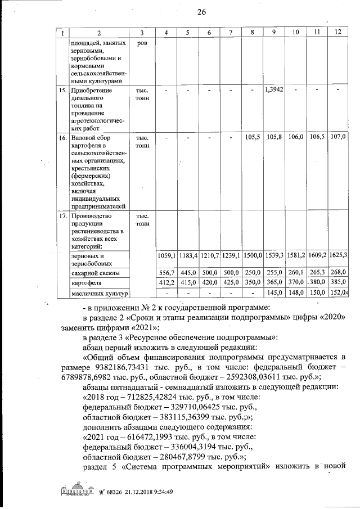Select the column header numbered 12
(x=337, y=32)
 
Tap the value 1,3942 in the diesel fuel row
(x=274, y=90)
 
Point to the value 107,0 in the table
(x=337, y=137)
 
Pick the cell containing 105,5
(x=252, y=137)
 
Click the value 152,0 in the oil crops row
(x=338, y=292)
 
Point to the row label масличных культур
(x=98, y=293)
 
